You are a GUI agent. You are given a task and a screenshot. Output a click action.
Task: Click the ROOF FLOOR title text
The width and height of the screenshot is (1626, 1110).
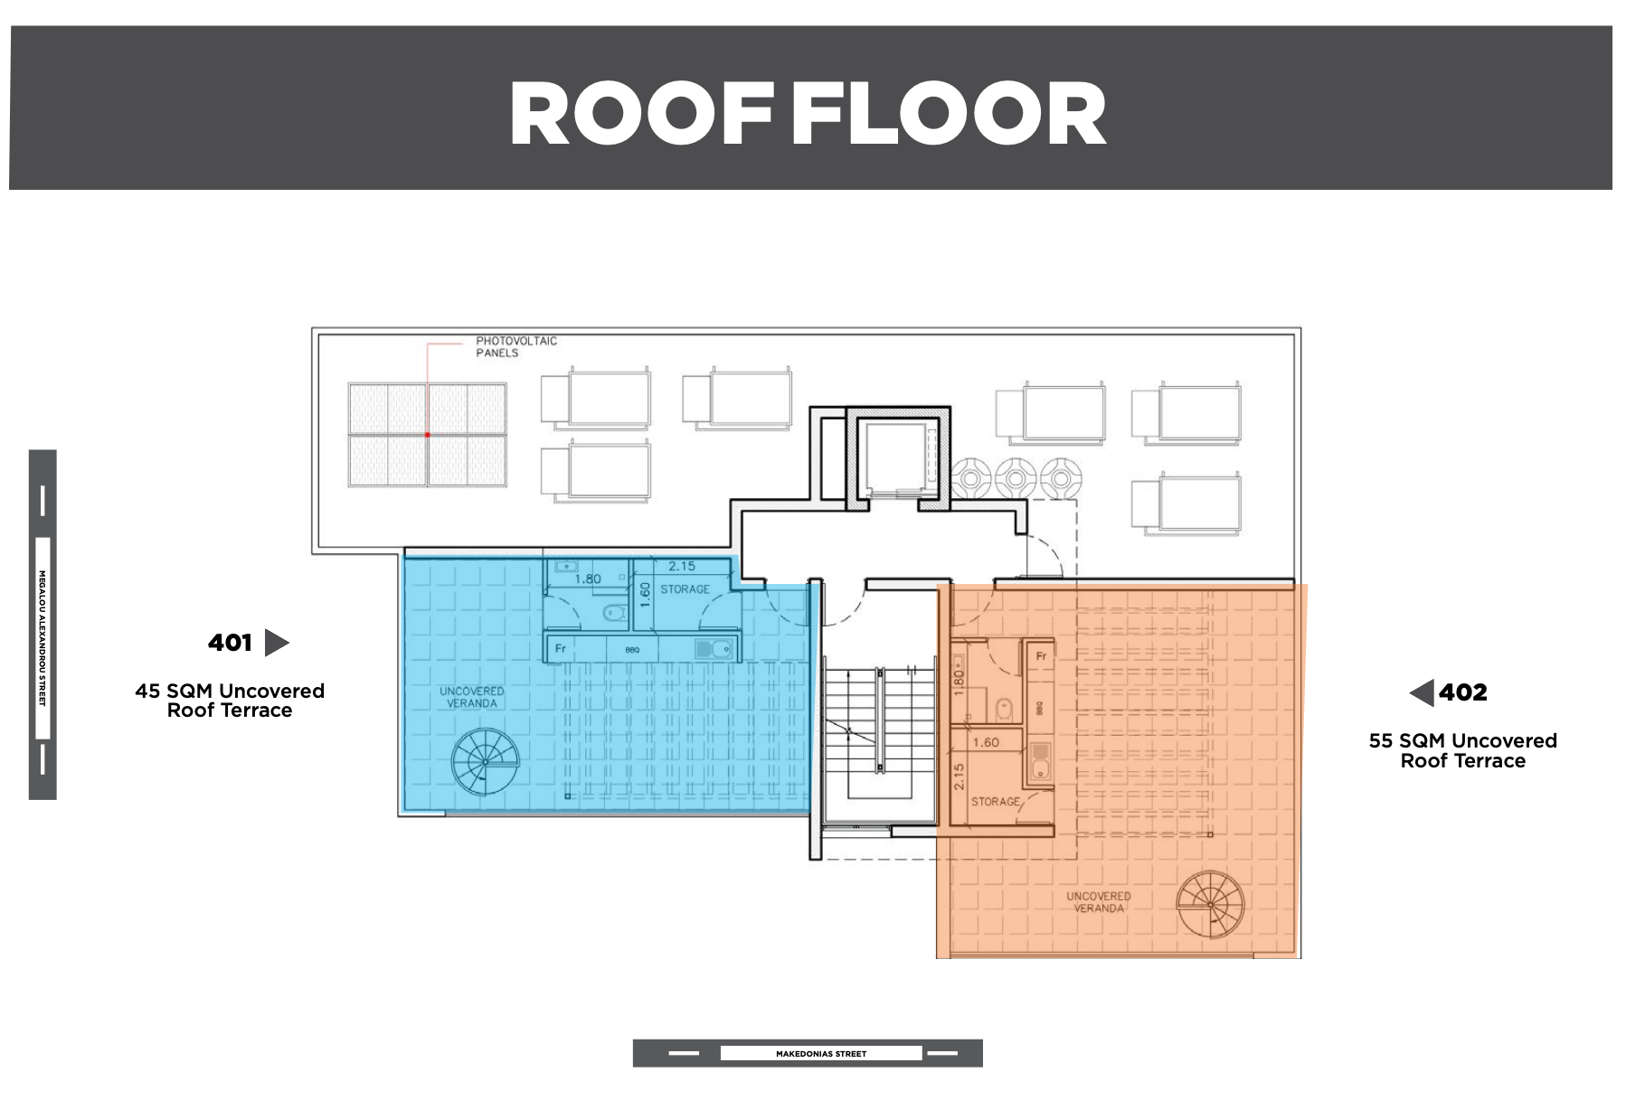click(x=808, y=113)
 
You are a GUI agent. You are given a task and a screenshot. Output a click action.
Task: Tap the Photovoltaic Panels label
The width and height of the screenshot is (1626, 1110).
click(x=516, y=347)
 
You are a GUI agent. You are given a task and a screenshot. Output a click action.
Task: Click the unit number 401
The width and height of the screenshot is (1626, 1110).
click(x=230, y=643)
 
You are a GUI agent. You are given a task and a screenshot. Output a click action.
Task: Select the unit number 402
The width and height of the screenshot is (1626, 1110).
click(x=1463, y=692)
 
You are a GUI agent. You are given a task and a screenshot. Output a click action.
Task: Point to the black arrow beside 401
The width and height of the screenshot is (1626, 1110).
click(x=276, y=643)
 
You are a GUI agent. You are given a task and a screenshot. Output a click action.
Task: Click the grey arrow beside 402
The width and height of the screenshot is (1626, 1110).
click(x=1422, y=692)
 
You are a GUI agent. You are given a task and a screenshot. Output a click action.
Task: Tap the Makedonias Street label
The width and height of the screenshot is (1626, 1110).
click(x=821, y=1054)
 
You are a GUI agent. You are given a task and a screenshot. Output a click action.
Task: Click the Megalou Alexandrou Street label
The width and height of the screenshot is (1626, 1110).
click(x=43, y=638)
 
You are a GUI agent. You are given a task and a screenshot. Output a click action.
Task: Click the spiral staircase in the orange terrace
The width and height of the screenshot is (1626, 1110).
click(x=1210, y=903)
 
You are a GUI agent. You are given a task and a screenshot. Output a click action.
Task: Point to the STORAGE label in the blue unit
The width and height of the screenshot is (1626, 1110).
click(x=685, y=589)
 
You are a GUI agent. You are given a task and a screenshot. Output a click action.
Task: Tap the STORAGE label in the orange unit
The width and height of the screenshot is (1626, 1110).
click(x=996, y=802)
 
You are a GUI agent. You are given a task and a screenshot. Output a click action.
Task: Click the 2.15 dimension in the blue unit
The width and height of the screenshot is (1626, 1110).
click(x=682, y=567)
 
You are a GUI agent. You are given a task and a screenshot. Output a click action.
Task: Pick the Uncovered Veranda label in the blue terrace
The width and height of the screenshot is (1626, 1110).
click(x=471, y=697)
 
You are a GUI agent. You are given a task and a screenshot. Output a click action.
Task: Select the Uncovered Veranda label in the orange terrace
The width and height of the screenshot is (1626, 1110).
click(x=1099, y=902)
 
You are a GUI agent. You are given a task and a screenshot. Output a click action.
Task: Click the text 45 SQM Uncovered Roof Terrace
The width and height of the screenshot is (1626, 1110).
click(x=230, y=701)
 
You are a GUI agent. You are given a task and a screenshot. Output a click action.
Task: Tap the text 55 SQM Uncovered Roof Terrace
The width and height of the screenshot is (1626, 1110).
click(x=1463, y=751)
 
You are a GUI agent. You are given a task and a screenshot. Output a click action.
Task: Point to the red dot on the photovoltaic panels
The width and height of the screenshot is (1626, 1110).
click(x=428, y=435)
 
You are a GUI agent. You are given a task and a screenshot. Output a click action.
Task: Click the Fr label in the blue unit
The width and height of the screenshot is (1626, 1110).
click(x=561, y=648)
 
